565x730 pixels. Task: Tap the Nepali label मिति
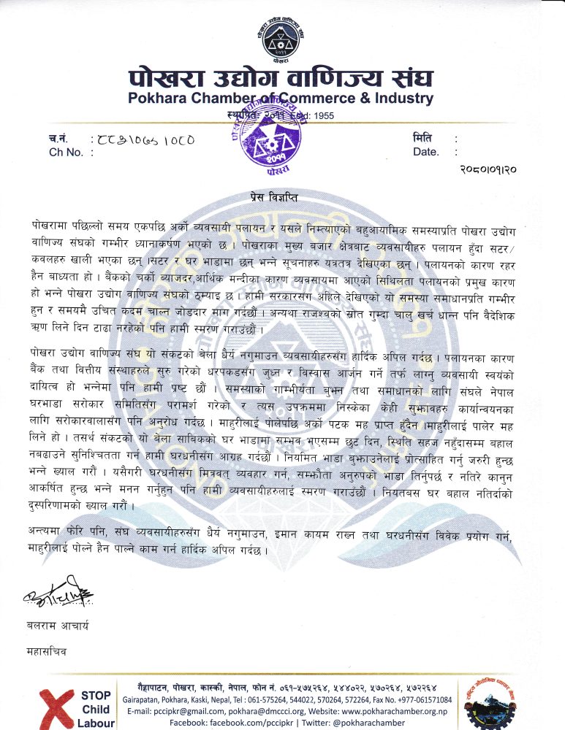tap(422, 138)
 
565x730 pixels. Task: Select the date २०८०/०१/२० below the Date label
tap(488, 170)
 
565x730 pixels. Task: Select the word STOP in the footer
tap(96, 696)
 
